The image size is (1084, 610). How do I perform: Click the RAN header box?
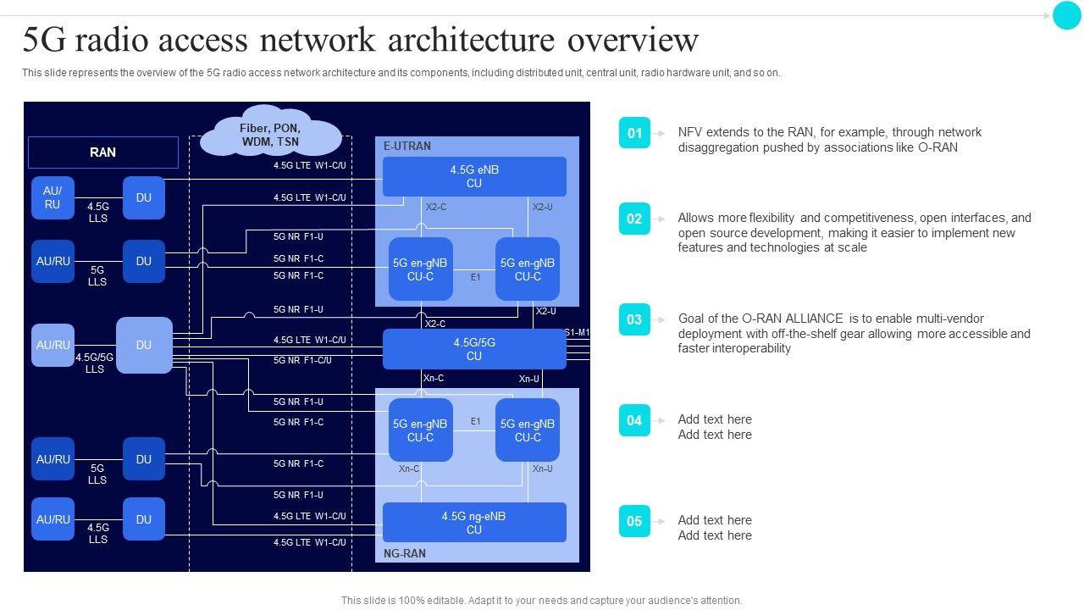[103, 152]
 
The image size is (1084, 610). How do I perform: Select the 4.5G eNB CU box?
[474, 176]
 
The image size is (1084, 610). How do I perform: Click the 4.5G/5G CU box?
[474, 349]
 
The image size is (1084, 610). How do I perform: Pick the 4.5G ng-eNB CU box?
[474, 523]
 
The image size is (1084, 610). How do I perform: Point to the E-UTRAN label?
[407, 147]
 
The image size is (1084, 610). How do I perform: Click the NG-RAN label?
[405, 553]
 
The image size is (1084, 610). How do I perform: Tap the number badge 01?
[634, 133]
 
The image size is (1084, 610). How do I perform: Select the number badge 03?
[634, 319]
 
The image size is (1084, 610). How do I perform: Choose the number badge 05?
[634, 521]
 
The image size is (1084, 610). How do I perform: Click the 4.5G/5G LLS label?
[94, 363]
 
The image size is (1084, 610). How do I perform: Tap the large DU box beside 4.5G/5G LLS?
[144, 345]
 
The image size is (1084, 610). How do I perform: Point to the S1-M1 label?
[578, 332]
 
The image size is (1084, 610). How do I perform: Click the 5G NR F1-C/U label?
[302, 360]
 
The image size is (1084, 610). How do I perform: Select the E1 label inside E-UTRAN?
[476, 277]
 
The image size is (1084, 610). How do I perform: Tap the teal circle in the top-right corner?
[1066, 15]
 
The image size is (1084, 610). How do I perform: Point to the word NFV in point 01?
[691, 132]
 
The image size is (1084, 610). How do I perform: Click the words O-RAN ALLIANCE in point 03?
[793, 319]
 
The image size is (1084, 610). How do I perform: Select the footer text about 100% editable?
[541, 600]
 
